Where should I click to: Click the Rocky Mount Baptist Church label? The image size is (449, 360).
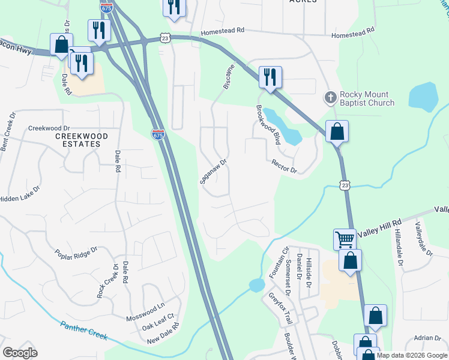[x=367, y=98]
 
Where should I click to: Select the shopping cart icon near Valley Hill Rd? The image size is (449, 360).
[x=345, y=239]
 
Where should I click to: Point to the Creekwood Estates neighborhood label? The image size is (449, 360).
[x=82, y=140]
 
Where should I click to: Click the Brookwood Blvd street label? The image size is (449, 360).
[x=268, y=124]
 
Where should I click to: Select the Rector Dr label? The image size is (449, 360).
[x=284, y=166]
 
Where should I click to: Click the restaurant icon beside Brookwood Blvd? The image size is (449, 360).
[x=270, y=77]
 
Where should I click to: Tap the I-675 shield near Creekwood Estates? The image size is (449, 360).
[x=158, y=134]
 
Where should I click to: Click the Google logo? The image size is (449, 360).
[x=20, y=353]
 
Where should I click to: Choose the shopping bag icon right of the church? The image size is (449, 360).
[x=337, y=131]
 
